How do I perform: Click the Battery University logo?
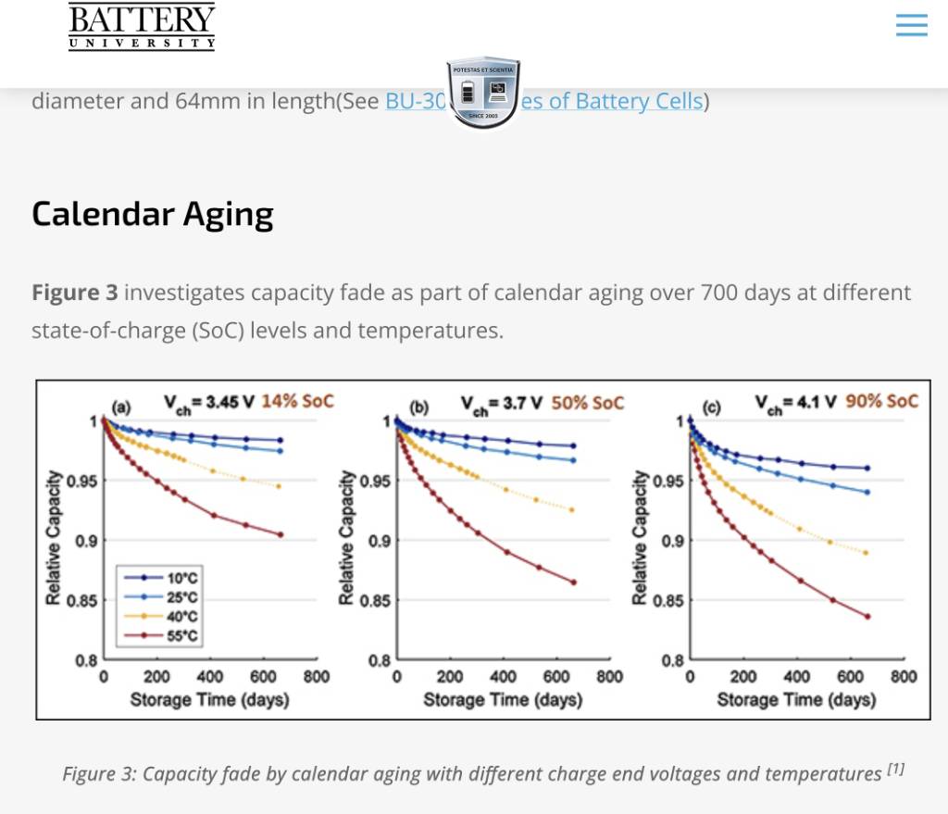pyautogui.click(x=142, y=25)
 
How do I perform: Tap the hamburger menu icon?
pyautogui.click(x=911, y=25)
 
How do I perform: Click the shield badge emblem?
pyautogui.click(x=484, y=93)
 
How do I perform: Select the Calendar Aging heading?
pyautogui.click(x=153, y=214)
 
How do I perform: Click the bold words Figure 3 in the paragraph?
pyautogui.click(x=74, y=294)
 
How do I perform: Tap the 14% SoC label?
pyautogui.click(x=297, y=402)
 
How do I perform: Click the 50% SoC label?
pyautogui.click(x=588, y=402)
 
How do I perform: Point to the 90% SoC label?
pyautogui.click(x=881, y=401)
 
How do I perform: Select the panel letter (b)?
pyautogui.click(x=418, y=406)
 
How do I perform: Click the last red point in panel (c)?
pyautogui.click(x=867, y=616)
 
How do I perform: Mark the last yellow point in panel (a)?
pyautogui.click(x=280, y=486)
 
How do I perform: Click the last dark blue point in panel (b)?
pyautogui.click(x=573, y=446)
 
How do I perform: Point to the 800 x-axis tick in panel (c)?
pyautogui.click(x=903, y=677)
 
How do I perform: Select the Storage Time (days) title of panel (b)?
pyautogui.click(x=503, y=699)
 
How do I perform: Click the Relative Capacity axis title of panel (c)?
pyautogui.click(x=639, y=537)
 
